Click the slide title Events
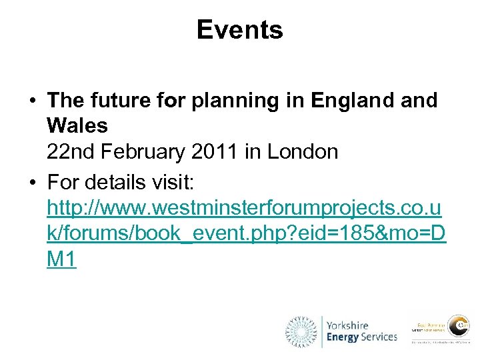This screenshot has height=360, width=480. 239,30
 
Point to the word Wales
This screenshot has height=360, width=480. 77,126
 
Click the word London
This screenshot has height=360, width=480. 303,152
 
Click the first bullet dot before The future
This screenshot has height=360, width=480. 32,101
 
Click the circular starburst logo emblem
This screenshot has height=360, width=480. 302,331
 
